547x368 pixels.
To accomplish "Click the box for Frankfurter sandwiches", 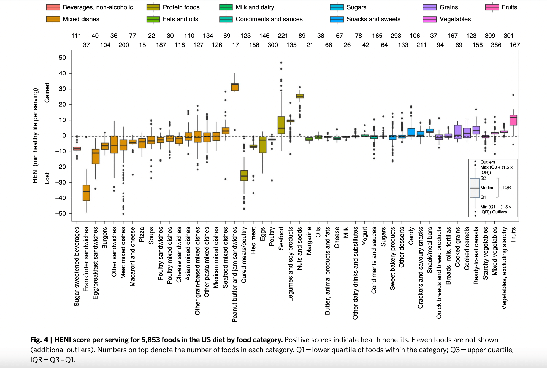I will click(86, 193).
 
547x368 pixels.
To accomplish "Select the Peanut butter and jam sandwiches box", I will click(235, 87).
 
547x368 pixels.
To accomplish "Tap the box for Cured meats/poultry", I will click(244, 175).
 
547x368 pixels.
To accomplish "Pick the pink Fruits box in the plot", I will click(513, 120).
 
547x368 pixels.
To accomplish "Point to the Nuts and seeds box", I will click(300, 96).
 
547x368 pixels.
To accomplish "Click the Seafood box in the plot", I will click(281, 125).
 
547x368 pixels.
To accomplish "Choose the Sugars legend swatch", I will click(337, 7).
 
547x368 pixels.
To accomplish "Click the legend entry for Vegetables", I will click(455, 19).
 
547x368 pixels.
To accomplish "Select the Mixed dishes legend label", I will click(81, 19).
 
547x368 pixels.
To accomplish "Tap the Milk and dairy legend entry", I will click(255, 7).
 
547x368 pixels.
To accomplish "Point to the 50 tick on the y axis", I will click(63, 58).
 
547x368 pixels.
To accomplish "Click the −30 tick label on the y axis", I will click(61, 182).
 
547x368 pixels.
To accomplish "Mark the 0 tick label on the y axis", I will click(64, 136).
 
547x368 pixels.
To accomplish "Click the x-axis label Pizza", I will click(142, 234).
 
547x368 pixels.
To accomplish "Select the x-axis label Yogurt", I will click(365, 236).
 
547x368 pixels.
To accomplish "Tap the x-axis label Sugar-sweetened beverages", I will click(77, 266).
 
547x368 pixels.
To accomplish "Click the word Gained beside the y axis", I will click(47, 93).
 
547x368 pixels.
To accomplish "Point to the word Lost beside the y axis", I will click(47, 178).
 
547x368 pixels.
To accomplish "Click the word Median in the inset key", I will click(487, 188).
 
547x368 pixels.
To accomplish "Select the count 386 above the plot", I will click(496, 45).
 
